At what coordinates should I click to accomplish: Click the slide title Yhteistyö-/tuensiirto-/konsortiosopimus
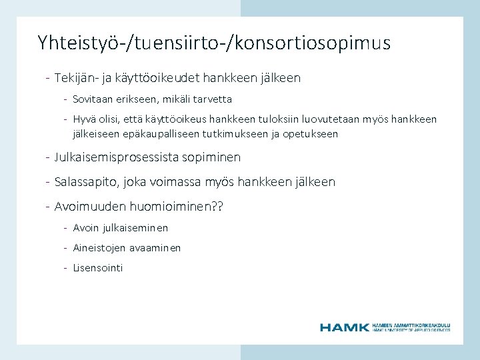(214, 44)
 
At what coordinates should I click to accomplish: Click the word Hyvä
(84, 119)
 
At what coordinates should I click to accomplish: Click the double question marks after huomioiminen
(217, 206)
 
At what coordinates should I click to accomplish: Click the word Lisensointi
(98, 268)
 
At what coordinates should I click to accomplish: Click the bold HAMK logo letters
(344, 327)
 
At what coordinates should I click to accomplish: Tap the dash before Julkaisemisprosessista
(48, 158)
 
